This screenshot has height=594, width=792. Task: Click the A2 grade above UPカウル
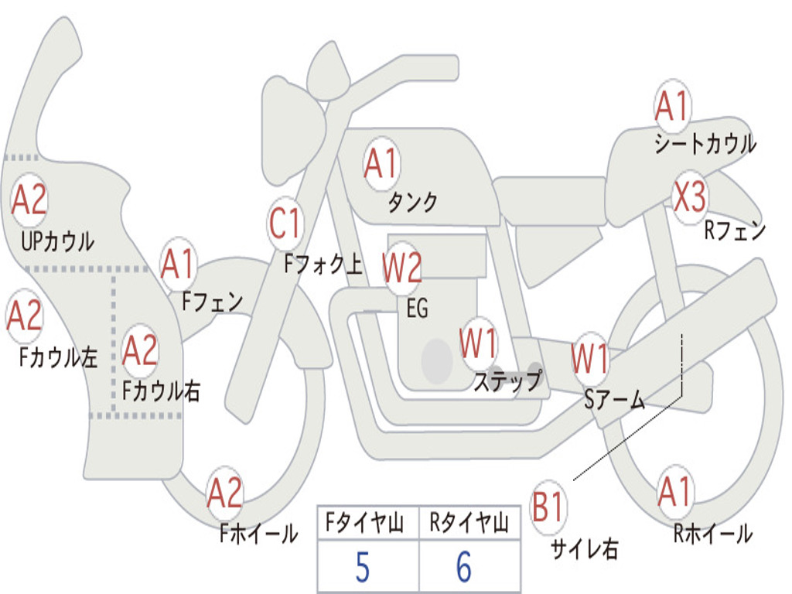click(29, 200)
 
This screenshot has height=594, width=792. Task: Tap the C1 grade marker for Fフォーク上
click(285, 223)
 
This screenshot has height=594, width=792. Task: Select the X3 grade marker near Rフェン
click(690, 196)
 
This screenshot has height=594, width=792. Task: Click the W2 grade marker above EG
click(402, 267)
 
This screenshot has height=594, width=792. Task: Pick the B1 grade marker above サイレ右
click(548, 506)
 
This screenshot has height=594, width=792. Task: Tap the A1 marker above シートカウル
click(672, 106)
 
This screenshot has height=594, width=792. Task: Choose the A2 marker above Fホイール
click(225, 493)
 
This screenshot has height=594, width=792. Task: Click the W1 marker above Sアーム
click(590, 359)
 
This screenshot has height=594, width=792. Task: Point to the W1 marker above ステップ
click(478, 343)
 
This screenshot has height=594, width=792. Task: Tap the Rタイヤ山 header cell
click(469, 523)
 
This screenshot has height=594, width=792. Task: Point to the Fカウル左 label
click(58, 357)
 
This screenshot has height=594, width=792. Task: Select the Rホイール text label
click(712, 533)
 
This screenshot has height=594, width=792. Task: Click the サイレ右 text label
click(585, 549)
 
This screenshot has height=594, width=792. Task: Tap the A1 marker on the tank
click(382, 164)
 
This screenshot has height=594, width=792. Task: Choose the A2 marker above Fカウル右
click(140, 350)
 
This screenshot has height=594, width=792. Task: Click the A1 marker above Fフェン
click(178, 265)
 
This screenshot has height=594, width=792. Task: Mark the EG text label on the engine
click(417, 308)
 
